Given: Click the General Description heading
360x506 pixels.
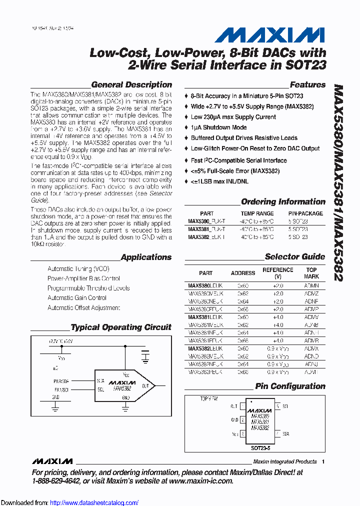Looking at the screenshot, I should (131, 85).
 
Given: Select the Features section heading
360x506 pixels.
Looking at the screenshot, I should (307, 85).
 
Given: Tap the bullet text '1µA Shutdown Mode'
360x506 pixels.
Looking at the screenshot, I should (218, 127).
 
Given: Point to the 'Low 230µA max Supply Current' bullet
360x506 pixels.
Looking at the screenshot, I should (233, 117).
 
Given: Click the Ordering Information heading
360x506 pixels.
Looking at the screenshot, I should (283, 202).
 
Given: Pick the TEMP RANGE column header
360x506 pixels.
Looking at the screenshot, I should (257, 213).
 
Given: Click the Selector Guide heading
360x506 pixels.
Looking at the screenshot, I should (294, 257).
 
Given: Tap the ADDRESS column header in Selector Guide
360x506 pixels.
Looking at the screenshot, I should (243, 273).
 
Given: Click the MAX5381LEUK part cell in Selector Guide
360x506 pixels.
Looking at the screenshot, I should (205, 317).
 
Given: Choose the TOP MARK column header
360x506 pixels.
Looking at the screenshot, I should (311, 273).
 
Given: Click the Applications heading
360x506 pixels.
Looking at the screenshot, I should (146, 257).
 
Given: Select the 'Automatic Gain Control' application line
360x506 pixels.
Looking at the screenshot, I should (77, 297).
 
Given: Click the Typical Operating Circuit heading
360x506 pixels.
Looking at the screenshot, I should (121, 327).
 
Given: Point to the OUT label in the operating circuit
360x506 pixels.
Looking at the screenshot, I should (145, 385).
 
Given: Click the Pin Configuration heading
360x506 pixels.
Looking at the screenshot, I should (290, 386).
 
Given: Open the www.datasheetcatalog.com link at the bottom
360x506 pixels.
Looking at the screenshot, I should (94, 503).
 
